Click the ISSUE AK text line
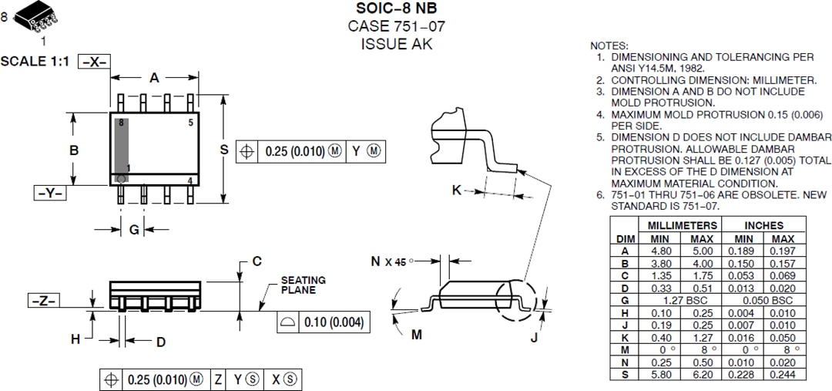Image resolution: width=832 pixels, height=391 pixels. [397, 44]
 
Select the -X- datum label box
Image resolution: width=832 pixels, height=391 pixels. [95, 62]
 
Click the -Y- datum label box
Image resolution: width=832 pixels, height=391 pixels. [49, 193]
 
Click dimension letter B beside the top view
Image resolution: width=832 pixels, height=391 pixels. [74, 150]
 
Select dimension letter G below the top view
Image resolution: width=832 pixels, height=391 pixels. [133, 229]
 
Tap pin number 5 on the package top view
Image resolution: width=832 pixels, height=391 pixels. [190, 123]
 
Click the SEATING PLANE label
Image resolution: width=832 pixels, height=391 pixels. [302, 285]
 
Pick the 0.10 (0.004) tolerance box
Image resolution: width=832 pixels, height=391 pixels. [320, 322]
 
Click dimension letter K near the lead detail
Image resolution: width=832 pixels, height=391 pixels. [456, 190]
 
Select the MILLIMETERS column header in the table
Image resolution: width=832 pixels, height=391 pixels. [682, 225]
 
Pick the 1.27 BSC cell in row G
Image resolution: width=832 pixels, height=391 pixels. [682, 299]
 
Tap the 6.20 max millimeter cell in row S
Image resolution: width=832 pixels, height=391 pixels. [702, 374]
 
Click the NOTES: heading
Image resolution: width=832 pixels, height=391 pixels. [609, 46]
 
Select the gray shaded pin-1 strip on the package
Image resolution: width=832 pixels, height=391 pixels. [122, 150]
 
